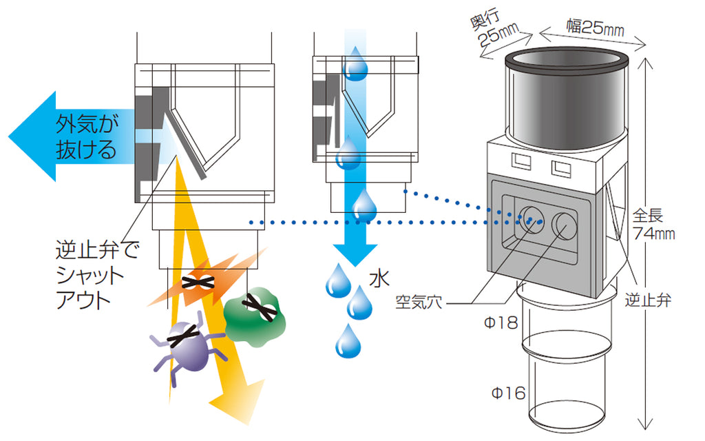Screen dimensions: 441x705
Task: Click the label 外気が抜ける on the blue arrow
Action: click(87, 137)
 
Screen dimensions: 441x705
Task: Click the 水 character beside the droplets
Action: click(379, 278)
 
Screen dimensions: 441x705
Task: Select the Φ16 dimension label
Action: click(508, 393)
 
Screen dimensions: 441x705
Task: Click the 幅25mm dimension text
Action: click(595, 28)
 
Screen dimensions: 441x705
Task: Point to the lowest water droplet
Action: click(348, 342)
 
